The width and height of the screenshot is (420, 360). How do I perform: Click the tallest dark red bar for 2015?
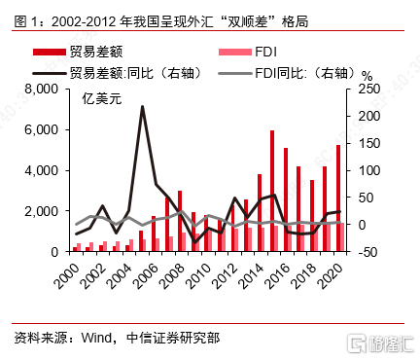tap(271, 191)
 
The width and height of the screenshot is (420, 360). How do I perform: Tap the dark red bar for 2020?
tap(337, 198)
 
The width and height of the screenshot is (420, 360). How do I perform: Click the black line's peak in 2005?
tap(142, 107)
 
